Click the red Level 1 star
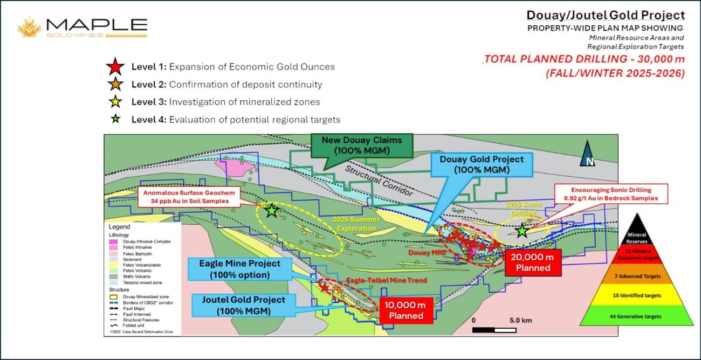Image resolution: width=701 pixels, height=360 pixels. (x=114, y=67)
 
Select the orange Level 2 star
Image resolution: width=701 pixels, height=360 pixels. (x=114, y=85)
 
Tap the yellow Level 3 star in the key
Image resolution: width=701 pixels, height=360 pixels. (x=114, y=102)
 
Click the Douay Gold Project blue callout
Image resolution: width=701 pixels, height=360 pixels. (x=481, y=164)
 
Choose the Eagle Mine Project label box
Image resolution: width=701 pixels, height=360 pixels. (x=240, y=268)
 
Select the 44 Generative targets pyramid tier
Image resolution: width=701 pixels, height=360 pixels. (x=636, y=314)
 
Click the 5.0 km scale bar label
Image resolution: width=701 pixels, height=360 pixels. (x=520, y=320)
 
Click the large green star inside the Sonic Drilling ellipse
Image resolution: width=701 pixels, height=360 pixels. (x=521, y=231)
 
